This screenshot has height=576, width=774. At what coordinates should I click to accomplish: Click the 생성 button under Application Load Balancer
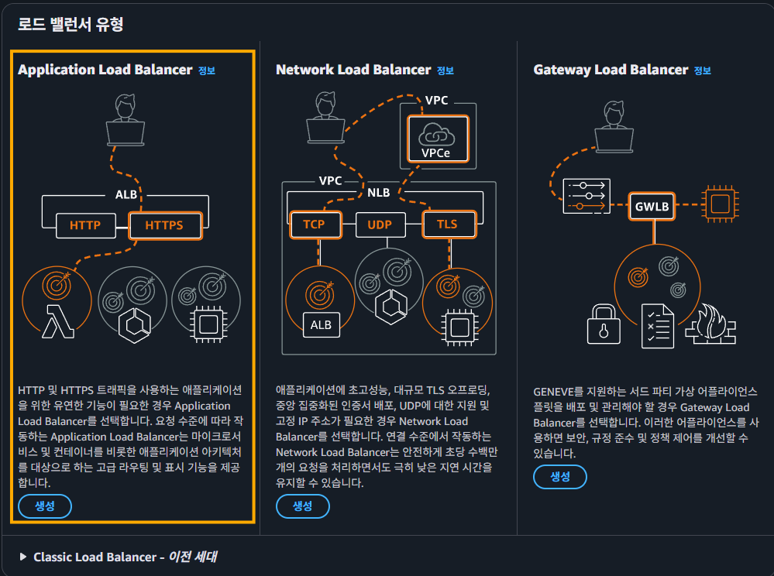click(45, 506)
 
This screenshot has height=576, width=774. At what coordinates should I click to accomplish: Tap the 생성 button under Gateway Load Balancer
click(559, 477)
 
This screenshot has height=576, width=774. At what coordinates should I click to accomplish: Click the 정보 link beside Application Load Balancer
click(207, 70)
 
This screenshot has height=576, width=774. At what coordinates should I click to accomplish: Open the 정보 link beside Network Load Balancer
click(445, 70)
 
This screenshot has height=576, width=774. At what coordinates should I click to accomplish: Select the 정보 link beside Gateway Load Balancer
click(703, 70)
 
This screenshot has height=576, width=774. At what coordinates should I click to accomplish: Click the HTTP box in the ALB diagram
click(84, 226)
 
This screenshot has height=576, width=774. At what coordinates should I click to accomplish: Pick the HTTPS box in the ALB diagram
click(164, 226)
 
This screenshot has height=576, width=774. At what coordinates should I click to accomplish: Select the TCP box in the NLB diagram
click(314, 225)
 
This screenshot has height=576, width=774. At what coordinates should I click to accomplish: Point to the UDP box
click(380, 225)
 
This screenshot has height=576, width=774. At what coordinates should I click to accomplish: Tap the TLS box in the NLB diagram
click(447, 225)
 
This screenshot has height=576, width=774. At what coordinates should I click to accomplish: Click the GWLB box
click(652, 207)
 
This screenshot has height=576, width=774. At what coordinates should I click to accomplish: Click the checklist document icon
click(658, 326)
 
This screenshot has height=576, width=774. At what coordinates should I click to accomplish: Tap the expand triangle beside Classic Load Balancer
click(23, 557)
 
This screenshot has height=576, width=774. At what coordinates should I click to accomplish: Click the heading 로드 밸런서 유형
click(71, 24)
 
